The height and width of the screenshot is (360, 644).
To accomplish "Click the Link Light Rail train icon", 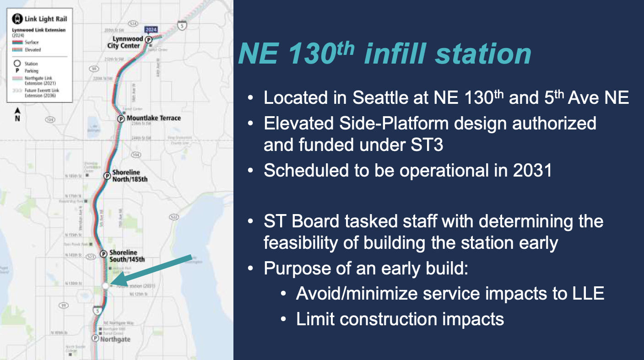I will (x=17, y=19).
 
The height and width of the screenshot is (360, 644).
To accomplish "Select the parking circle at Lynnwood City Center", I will (x=149, y=40).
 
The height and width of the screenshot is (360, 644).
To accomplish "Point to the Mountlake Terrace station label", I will (x=153, y=118).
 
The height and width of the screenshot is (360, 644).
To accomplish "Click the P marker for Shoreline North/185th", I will (x=107, y=175).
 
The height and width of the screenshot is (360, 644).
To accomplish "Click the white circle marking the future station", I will (x=105, y=285).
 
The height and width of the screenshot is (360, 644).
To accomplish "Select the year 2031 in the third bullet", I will (x=533, y=170).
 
